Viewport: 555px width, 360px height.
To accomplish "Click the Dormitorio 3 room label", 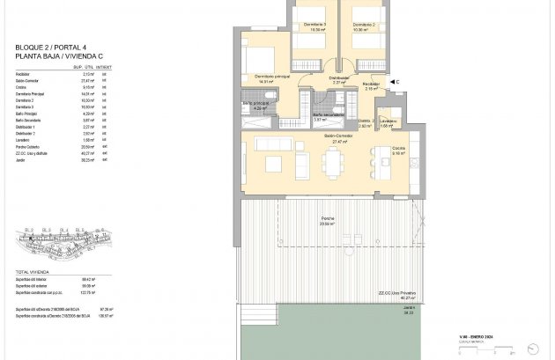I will point(314,25).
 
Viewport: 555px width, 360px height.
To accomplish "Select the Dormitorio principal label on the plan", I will point(272,77).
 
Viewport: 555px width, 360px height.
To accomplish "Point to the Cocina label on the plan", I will point(398,148).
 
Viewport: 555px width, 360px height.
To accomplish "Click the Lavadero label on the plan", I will point(389,121).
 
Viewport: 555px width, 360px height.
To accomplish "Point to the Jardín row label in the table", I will point(21,159).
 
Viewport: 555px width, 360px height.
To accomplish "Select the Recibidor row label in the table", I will point(25,73).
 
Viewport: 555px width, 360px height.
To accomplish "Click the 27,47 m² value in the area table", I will point(87,79).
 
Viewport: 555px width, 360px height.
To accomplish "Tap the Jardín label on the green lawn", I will point(408,308).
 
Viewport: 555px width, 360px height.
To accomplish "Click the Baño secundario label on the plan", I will point(328,114).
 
